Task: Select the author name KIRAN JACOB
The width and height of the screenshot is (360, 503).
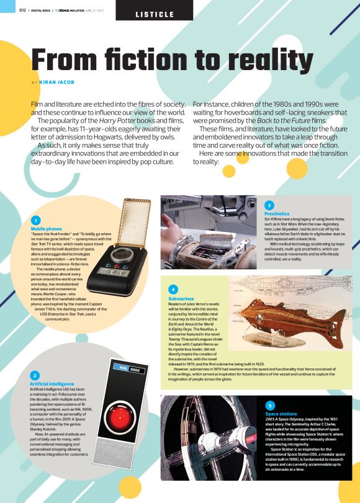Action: point(57,82)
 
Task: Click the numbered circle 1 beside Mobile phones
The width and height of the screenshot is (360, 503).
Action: point(37,220)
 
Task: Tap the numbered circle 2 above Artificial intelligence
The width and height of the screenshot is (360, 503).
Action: point(35,375)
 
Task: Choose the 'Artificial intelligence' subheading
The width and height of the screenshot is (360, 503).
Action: point(52,384)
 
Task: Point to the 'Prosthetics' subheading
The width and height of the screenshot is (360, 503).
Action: point(277,213)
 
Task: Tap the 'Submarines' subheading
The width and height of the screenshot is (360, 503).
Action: point(181,298)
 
